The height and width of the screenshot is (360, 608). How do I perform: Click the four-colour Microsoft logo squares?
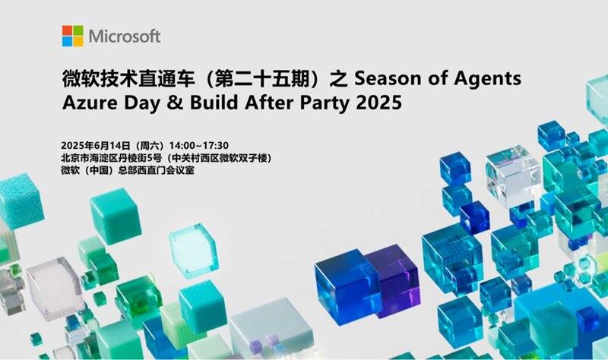pyautogui.click(x=72, y=36)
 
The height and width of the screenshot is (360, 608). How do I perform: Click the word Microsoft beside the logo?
pyautogui.click(x=125, y=36)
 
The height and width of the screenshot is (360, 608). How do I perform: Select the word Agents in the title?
pyautogui.click(x=487, y=79)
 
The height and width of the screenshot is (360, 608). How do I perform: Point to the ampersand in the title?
pyautogui.click(x=175, y=103)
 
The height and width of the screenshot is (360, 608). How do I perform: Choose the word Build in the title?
pyautogui.click(x=214, y=103)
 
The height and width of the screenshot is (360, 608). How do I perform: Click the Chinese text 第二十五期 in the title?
pyautogui.click(x=262, y=78)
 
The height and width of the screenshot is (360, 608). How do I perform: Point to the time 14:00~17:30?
pyautogui.click(x=199, y=146)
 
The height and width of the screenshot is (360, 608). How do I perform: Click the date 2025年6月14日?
pyautogui.click(x=96, y=146)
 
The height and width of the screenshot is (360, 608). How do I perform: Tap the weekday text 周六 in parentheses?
pyautogui.click(x=150, y=146)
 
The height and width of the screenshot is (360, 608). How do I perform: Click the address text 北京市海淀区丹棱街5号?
pyautogui.click(x=111, y=158)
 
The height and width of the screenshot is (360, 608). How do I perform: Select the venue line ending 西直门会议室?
pyautogui.click(x=128, y=170)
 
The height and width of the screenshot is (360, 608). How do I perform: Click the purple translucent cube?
pyautogui.click(x=394, y=279)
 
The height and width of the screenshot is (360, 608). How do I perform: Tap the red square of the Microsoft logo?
pyautogui.click(x=67, y=30)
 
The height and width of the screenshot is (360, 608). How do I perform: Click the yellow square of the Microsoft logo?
pyautogui.click(x=78, y=42)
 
